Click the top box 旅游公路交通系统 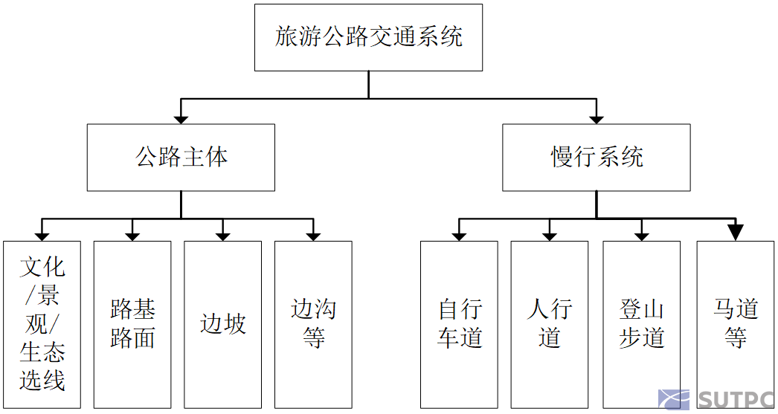point(368,37)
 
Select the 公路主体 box point(181,158)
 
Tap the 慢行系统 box point(596,158)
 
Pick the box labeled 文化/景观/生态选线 point(42,324)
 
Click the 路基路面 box point(132,324)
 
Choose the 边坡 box point(222,324)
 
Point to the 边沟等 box point(313,324)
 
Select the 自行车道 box point(459,324)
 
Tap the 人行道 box point(550,324)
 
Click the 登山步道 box point(641,324)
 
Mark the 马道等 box point(735,324)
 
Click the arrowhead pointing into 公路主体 point(181,117)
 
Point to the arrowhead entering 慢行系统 point(596,117)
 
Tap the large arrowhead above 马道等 point(735,232)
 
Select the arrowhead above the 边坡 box point(222,236)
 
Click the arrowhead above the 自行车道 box point(459,236)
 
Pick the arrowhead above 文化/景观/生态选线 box point(42,236)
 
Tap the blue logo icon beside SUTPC point(673,401)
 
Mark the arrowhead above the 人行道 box point(550,236)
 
